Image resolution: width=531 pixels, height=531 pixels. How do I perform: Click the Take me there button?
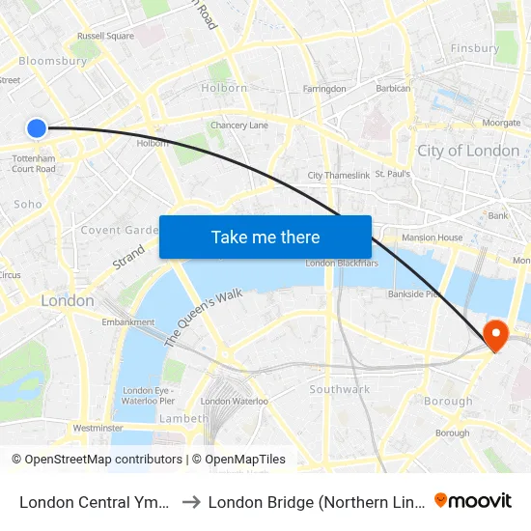(x=265, y=237)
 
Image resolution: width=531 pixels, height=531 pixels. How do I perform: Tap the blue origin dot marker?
(x=37, y=127)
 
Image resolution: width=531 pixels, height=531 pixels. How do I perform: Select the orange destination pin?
(x=495, y=336)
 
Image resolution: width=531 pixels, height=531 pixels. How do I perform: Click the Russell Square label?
(x=105, y=37)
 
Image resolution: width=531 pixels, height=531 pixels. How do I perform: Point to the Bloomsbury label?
(x=53, y=61)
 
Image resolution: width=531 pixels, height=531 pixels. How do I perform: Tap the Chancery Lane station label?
(x=239, y=126)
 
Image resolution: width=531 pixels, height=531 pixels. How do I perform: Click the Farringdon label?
(x=324, y=89)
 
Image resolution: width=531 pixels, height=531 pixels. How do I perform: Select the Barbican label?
(x=393, y=89)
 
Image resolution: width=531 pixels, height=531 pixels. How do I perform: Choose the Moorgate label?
(x=501, y=124)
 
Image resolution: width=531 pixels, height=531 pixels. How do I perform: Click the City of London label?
(x=467, y=151)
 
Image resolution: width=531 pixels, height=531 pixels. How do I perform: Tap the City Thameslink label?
(x=338, y=175)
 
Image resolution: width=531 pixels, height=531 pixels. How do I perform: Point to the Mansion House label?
(x=433, y=237)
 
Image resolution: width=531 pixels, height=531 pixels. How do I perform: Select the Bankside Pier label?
(x=414, y=293)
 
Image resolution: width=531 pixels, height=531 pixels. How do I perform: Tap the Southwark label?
(x=339, y=389)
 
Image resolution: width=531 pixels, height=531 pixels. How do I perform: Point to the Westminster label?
(x=98, y=428)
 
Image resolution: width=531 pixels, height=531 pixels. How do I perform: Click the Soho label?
(x=28, y=204)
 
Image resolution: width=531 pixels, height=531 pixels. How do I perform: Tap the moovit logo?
(x=473, y=500)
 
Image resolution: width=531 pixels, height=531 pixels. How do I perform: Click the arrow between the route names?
(x=191, y=501)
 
